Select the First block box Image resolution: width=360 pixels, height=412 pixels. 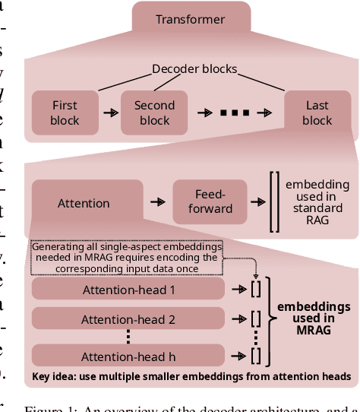[x=65, y=113]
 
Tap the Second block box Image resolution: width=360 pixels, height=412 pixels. [x=154, y=113]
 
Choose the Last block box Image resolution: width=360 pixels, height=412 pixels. [x=317, y=113]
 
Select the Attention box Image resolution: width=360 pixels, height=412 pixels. [x=84, y=203]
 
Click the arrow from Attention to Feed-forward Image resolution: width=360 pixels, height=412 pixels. [x=157, y=203]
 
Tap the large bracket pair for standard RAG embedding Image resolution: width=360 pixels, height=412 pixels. [x=274, y=202]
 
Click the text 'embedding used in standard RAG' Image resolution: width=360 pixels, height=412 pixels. [x=317, y=202]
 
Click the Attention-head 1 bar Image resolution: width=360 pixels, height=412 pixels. [x=128, y=289]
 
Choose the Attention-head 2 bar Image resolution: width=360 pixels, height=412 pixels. [x=128, y=319]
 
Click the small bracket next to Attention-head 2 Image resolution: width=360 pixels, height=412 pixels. [x=256, y=319]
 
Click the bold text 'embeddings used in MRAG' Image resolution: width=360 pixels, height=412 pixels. [x=314, y=319]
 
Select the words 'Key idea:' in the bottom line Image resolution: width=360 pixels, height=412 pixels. [x=54, y=377]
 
